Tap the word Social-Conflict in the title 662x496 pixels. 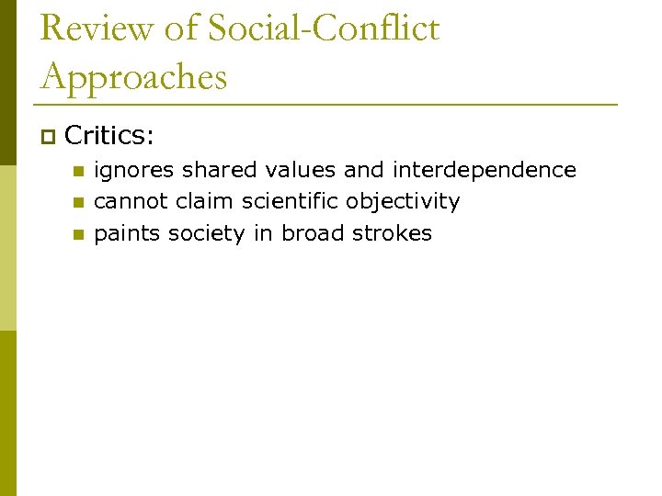[x=323, y=28]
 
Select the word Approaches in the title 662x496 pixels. [x=133, y=78]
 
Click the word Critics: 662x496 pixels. [x=109, y=137]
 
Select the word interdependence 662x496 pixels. [x=485, y=170]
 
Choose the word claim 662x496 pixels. [x=204, y=201]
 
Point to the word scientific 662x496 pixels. [x=291, y=201]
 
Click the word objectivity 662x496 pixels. [x=403, y=202]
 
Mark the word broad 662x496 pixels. [x=313, y=233]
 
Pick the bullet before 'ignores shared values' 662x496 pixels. [x=78, y=172]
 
